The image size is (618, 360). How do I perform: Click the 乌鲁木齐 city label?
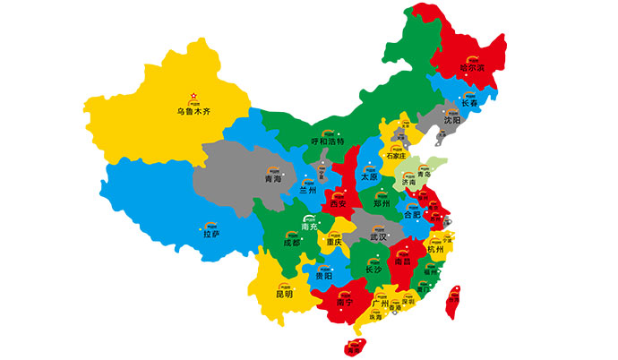coord(195,112)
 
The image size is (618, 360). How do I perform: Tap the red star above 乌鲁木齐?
coord(192,96)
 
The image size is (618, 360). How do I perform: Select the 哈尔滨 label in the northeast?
coord(471,66)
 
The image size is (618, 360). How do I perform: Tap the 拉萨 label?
coord(211,234)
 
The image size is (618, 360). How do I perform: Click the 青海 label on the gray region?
coord(273,179)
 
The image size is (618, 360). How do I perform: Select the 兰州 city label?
coord(308,190)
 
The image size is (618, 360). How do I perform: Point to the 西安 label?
coord(339,204)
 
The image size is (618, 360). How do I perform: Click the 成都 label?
coord(292,243)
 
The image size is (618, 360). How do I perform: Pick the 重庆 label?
coord(334,242)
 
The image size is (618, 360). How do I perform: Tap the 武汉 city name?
coord(377,237)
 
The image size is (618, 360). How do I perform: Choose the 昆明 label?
coord(284,294)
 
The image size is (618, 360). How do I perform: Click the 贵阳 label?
coord(324,277)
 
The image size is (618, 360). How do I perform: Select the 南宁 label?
coord(346,302)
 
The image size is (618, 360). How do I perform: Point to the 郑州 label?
coord(382,203)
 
